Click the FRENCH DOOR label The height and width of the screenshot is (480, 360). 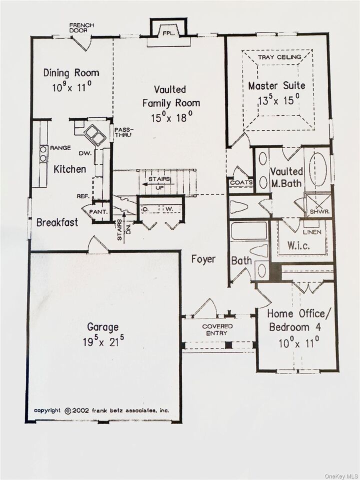[x=81, y=27]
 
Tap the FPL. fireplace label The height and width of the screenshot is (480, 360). [x=168, y=33]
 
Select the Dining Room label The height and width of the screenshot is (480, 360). [x=71, y=72]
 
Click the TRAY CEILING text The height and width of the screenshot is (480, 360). [x=279, y=57]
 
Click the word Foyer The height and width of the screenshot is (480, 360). [x=203, y=259]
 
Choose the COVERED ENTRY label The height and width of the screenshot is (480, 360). [x=217, y=329]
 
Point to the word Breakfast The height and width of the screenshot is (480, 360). [x=57, y=222]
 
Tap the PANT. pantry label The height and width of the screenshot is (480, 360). [x=99, y=211]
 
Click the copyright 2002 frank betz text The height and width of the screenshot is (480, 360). [x=101, y=410]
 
